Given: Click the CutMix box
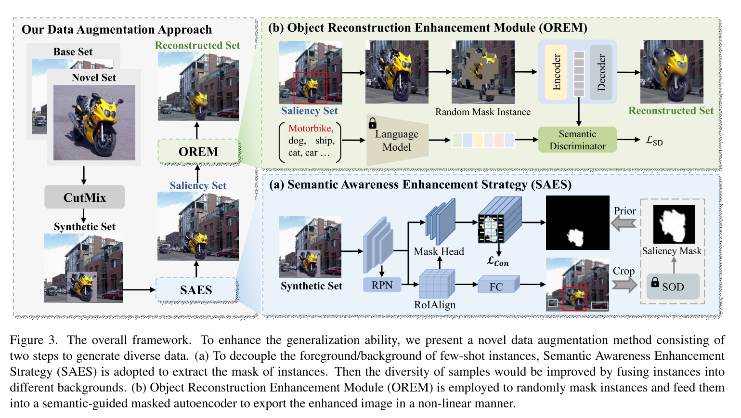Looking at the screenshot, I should pyautogui.click(x=84, y=197).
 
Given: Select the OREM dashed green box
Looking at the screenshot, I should pyautogui.click(x=198, y=152).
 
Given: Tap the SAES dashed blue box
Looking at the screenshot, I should pyautogui.click(x=196, y=290).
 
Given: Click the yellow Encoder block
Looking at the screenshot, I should pyautogui.click(x=556, y=72).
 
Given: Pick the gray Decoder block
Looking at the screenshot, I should pyautogui.click(x=601, y=72).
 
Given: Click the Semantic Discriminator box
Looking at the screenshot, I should pyautogui.click(x=577, y=140).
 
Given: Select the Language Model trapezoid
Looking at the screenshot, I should pyautogui.click(x=397, y=141).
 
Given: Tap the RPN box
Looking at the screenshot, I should pyautogui.click(x=382, y=285).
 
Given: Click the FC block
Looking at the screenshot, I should pyautogui.click(x=497, y=286).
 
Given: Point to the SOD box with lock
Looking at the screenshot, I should pyautogui.click(x=673, y=287).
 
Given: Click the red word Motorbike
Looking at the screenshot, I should pyautogui.click(x=310, y=128).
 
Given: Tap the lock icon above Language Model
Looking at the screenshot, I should pyautogui.click(x=372, y=123).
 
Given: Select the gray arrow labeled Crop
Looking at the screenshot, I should pyautogui.click(x=624, y=285).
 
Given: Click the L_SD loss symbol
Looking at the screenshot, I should pyautogui.click(x=654, y=141).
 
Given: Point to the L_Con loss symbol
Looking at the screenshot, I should pyautogui.click(x=498, y=261).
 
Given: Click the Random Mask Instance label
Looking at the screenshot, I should pyautogui.click(x=483, y=112).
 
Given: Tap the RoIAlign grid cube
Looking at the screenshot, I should pyautogui.click(x=437, y=284).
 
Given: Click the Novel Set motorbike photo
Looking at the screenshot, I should pyautogui.click(x=94, y=123).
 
